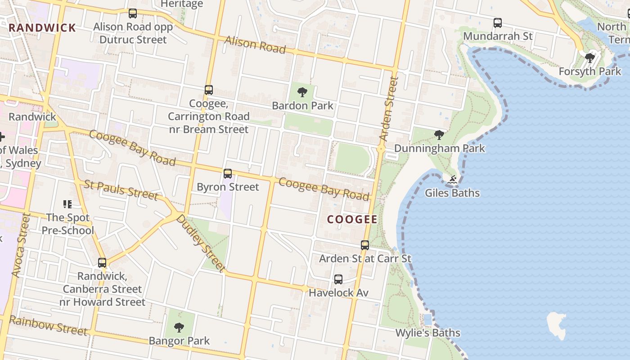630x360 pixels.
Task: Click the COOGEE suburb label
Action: pyautogui.click(x=352, y=219)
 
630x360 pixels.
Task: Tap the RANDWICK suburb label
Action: pyautogui.click(x=42, y=27)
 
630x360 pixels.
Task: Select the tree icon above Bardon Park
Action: pyautogui.click(x=302, y=92)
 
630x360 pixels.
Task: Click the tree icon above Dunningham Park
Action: pyautogui.click(x=439, y=135)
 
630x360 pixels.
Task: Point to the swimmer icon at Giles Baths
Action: pyautogui.click(x=452, y=180)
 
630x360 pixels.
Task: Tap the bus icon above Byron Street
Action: pyautogui.click(x=228, y=173)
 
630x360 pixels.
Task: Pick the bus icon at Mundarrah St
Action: pyautogui.click(x=497, y=22)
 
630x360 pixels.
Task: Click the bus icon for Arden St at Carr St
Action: pyautogui.click(x=365, y=245)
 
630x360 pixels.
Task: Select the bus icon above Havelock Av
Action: pyautogui.click(x=338, y=279)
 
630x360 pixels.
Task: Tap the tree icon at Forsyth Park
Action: pyautogui.click(x=589, y=58)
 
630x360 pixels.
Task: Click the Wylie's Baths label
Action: pyautogui.click(x=427, y=333)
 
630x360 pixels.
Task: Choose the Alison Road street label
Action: pyautogui.click(x=255, y=45)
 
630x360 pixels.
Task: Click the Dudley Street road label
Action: pyautogui.click(x=200, y=243)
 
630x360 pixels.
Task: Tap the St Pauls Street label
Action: pyautogui.click(x=121, y=189)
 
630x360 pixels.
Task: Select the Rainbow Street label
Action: pyautogui.click(x=48, y=326)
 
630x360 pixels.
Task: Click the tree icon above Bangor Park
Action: pyautogui.click(x=179, y=327)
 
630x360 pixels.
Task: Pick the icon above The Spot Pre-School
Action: pyautogui.click(x=67, y=204)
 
